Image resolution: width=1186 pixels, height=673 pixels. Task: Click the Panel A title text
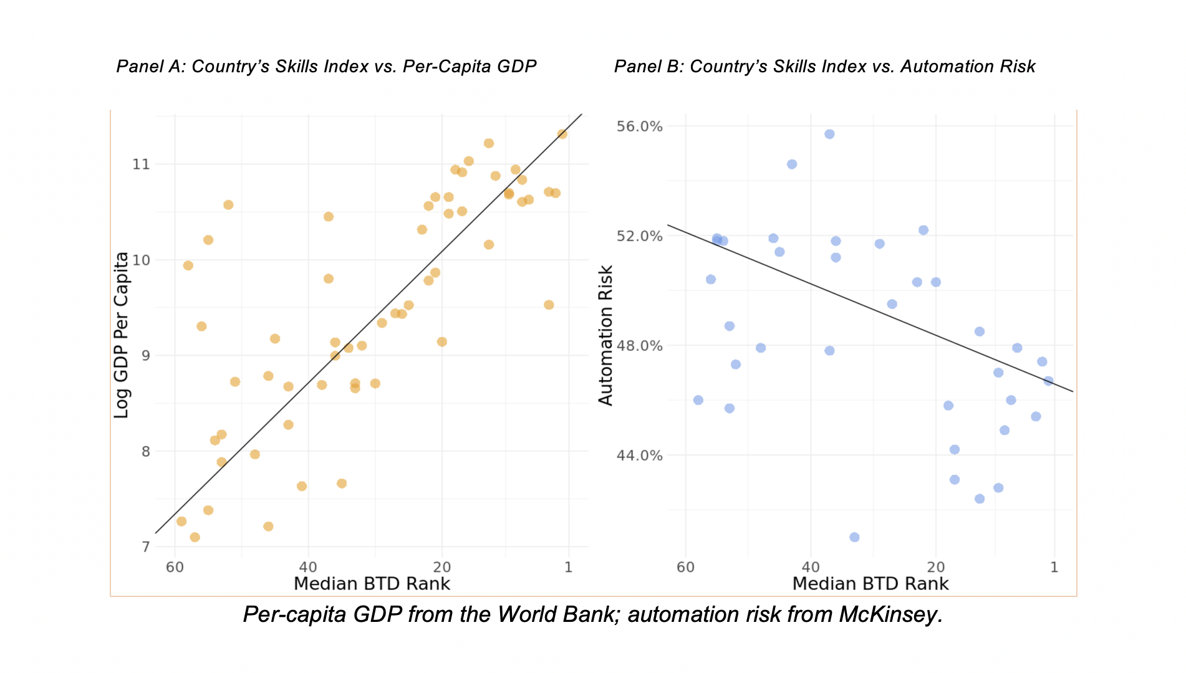point(326,67)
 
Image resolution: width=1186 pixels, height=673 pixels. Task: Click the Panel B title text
point(824,67)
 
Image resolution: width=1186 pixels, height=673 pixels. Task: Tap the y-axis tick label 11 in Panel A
point(142,164)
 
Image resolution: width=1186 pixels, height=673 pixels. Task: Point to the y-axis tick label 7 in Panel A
point(146,547)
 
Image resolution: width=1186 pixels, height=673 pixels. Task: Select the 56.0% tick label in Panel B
point(639,126)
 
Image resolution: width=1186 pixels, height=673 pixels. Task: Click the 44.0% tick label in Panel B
point(639,455)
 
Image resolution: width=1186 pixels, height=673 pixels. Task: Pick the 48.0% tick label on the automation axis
point(639,346)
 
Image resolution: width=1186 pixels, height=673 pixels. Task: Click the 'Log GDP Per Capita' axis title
point(121,335)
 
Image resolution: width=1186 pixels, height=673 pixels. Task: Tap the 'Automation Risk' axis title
point(605,335)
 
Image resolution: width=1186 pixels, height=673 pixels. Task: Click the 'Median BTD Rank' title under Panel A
point(372,584)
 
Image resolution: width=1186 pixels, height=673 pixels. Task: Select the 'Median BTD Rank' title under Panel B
point(870,584)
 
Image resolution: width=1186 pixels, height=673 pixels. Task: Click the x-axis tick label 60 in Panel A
point(175,567)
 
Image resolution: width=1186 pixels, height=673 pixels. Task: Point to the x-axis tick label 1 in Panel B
point(1054,567)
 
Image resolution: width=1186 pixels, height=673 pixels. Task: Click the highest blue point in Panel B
point(829,134)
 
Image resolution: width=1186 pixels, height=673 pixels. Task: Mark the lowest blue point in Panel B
point(854,537)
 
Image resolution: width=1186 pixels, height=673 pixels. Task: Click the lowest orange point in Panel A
point(195,537)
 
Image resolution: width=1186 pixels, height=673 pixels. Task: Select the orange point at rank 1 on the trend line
point(562,134)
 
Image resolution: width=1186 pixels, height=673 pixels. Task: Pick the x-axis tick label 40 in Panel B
point(811,567)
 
